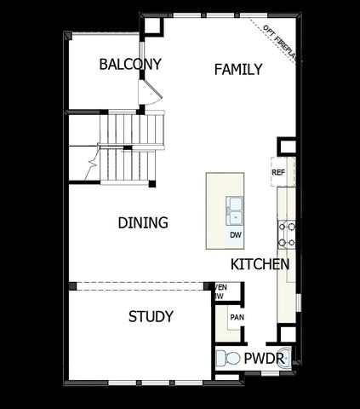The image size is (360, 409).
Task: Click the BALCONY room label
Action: pyautogui.click(x=130, y=64)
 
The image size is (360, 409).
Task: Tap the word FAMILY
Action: pyautogui.click(x=237, y=69)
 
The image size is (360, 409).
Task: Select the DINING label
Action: pyautogui.click(x=142, y=222)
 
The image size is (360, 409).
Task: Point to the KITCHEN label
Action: pyautogui.click(x=260, y=264)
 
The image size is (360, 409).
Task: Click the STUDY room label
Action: pyautogui.click(x=151, y=317)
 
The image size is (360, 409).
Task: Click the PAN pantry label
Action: pyautogui.click(x=237, y=317)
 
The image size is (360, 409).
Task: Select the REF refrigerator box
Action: pyautogui.click(x=277, y=172)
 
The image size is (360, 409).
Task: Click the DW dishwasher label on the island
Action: pyautogui.click(x=235, y=235)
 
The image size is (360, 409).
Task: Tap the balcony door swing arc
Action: pyautogui.click(x=151, y=88)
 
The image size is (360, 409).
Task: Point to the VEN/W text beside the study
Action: pyautogui.click(x=220, y=292)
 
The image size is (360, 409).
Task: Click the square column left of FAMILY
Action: pyautogui.click(x=152, y=26)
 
